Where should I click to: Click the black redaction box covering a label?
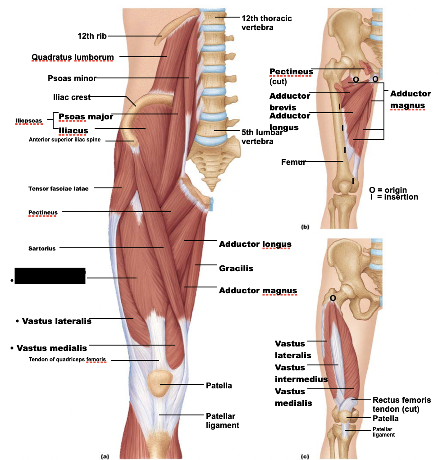(50, 276)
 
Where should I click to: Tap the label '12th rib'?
(92, 36)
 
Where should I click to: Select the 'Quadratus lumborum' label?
(72, 57)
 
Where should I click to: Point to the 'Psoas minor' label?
(72, 78)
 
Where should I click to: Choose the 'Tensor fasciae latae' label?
(58, 188)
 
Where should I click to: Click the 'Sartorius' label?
(42, 248)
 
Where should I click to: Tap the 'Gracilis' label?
(236, 269)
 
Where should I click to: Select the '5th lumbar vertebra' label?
(261, 137)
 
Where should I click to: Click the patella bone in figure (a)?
(160, 383)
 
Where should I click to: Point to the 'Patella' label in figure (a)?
(219, 386)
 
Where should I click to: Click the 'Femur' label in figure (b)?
(293, 162)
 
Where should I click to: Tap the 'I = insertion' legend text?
(394, 197)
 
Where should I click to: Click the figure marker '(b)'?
(305, 228)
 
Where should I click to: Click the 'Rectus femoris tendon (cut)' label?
(401, 405)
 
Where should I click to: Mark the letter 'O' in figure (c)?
(333, 298)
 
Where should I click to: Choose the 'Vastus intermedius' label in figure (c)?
(301, 373)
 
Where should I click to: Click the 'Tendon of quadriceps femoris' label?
(67, 360)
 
